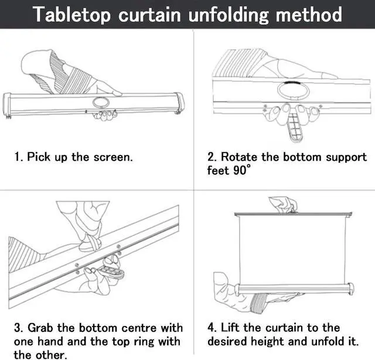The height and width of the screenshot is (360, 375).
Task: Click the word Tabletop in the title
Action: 72,14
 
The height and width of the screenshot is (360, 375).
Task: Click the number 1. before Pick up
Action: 19,158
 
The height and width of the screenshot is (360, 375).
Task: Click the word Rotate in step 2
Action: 238,158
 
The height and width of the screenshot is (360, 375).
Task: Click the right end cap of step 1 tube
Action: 179,103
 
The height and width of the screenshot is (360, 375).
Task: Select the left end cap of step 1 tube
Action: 8,103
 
